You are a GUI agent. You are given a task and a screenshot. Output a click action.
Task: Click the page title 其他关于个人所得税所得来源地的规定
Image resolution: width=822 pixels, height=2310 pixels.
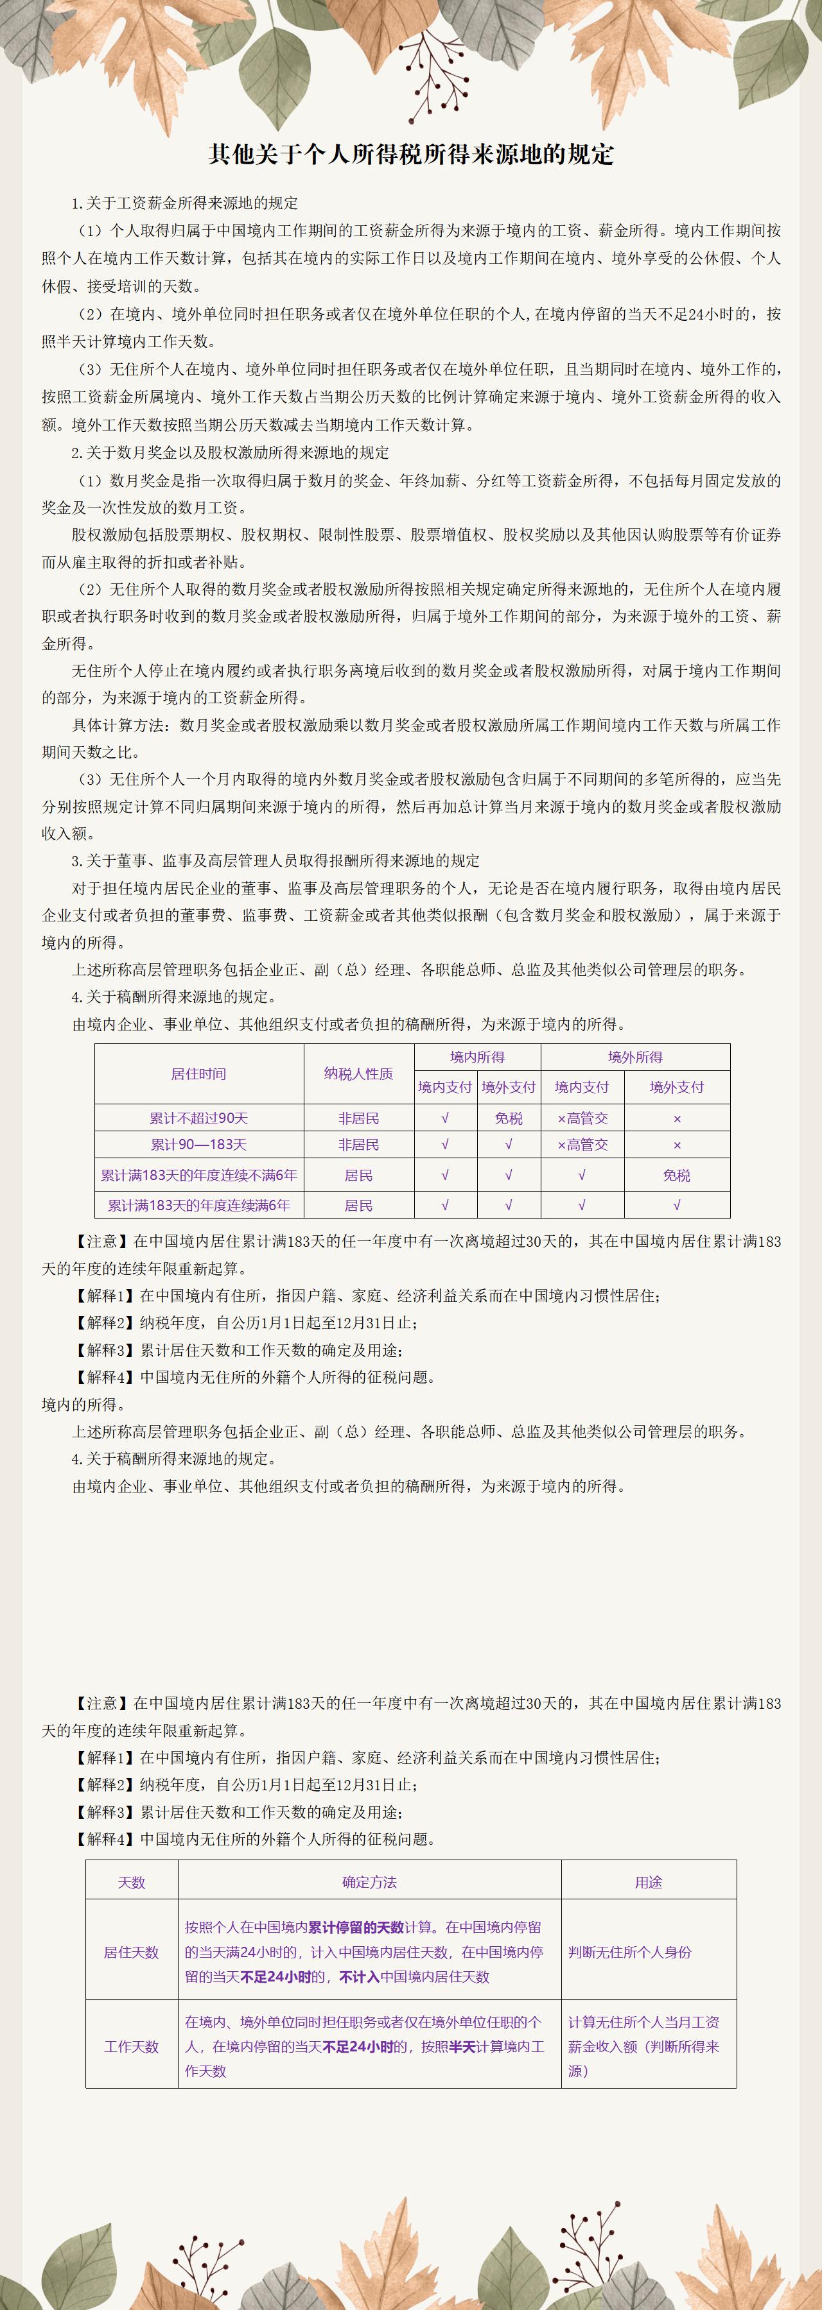pyautogui.click(x=411, y=154)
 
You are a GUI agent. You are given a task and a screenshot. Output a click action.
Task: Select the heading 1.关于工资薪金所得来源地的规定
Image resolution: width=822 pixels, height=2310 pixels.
pyautogui.click(x=185, y=203)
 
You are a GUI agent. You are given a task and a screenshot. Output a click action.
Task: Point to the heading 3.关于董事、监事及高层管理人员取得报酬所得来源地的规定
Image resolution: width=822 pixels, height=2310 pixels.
pyautogui.click(x=275, y=861)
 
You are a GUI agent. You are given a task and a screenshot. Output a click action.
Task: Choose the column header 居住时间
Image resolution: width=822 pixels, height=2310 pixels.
pyautogui.click(x=198, y=1074)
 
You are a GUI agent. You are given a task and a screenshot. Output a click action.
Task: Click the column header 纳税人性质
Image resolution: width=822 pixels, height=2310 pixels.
pyautogui.click(x=358, y=1074)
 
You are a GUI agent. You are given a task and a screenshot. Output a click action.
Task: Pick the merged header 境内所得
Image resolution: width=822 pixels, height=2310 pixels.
pyautogui.click(x=477, y=1057)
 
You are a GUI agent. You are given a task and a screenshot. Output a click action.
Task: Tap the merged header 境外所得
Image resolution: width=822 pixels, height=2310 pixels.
pyautogui.click(x=634, y=1057)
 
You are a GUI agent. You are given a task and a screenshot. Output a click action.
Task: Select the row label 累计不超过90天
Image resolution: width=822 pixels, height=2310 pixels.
pyautogui.click(x=198, y=1118)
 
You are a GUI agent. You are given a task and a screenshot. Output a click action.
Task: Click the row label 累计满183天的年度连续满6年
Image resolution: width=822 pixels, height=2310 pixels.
pyautogui.click(x=198, y=1205)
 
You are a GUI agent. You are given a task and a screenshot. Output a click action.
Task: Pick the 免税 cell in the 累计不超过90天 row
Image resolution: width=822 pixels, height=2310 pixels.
pyautogui.click(x=508, y=1118)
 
